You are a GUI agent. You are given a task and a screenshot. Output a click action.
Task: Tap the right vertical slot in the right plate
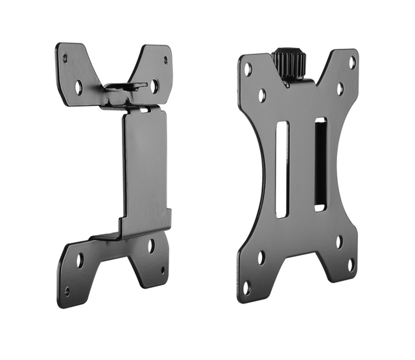(x=320, y=164)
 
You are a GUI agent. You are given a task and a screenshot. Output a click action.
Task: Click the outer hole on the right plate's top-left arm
(x=248, y=67)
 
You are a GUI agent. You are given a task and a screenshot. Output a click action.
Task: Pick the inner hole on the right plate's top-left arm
(x=261, y=95)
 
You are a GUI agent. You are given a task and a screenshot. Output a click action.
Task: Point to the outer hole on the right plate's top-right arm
(x=352, y=62)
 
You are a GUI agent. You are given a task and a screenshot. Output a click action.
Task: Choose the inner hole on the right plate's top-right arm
(x=339, y=89)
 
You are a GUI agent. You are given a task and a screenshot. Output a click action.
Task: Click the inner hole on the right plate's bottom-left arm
(x=261, y=258)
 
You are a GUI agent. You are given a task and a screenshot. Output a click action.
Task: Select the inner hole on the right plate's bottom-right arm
(x=338, y=241)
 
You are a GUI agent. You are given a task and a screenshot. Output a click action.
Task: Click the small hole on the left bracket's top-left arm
(x=65, y=58)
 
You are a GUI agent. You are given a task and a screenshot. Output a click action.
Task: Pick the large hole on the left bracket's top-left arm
(x=78, y=86)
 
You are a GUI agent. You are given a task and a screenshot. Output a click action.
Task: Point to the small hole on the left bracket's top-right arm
(x=165, y=60)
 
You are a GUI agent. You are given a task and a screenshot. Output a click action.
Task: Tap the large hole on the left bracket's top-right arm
(x=154, y=85)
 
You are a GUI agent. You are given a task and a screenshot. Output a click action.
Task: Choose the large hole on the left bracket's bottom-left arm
(x=79, y=261)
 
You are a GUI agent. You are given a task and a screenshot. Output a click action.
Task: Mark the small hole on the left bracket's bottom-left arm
(x=67, y=291)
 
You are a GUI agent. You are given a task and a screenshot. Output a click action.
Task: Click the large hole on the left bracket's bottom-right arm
(x=150, y=245)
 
